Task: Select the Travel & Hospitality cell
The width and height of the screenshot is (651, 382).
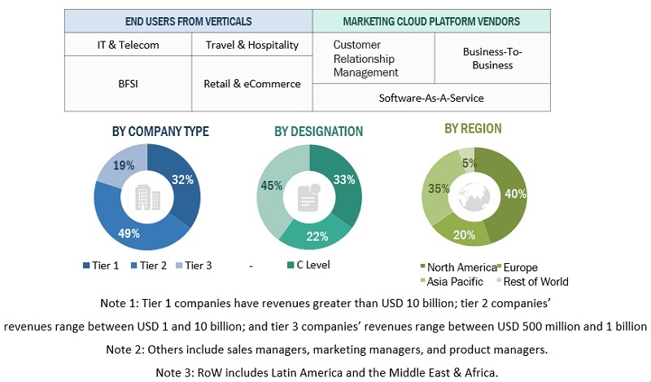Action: click(251, 46)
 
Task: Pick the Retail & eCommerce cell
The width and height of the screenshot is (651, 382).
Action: click(251, 83)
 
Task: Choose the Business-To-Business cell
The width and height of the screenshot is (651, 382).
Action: click(492, 58)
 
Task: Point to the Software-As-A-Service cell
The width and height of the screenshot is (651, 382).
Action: click(430, 98)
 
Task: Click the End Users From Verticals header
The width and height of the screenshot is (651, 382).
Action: click(188, 21)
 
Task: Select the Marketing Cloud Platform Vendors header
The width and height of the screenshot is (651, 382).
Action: click(430, 21)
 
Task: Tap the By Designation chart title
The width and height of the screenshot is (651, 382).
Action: click(318, 131)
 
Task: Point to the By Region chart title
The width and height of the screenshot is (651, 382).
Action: click(473, 129)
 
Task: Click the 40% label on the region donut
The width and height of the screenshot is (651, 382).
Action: click(516, 194)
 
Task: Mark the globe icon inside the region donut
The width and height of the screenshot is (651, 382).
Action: click(473, 196)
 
